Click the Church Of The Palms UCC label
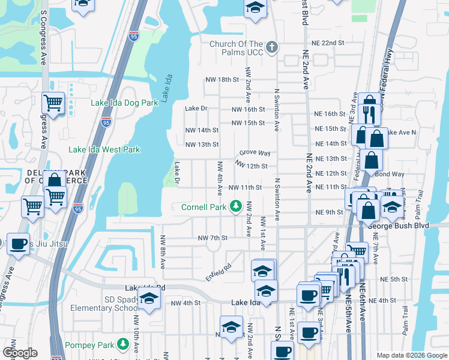(x=236, y=48)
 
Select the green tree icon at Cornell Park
(x=236, y=207)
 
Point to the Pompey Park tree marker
(x=123, y=343)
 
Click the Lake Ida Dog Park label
(x=124, y=103)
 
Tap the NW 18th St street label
(x=221, y=80)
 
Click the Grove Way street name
(x=256, y=154)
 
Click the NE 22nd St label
(x=328, y=43)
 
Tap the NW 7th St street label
(x=213, y=238)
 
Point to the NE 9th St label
(x=328, y=213)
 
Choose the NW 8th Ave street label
(x=162, y=251)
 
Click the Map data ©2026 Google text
(x=411, y=355)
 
